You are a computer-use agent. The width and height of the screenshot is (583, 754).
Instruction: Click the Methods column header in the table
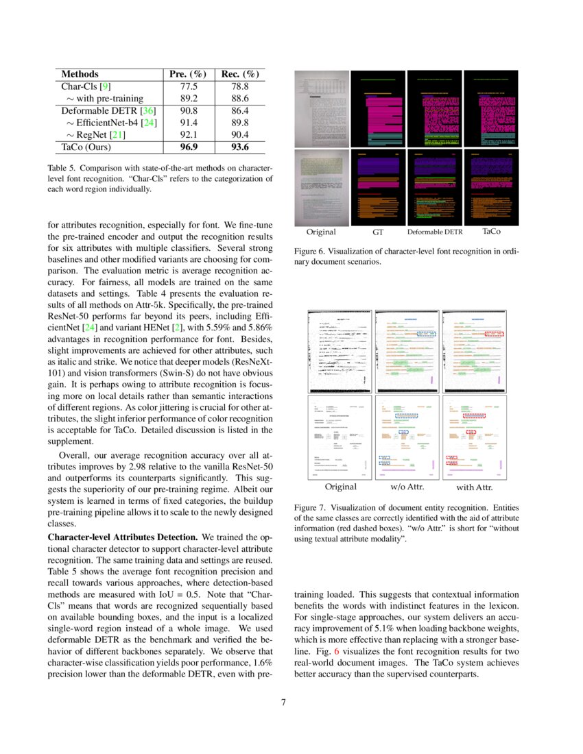coord(80,74)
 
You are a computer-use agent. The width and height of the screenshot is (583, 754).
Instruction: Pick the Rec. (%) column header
coord(239,74)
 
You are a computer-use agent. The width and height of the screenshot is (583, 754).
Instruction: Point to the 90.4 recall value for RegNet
coord(239,134)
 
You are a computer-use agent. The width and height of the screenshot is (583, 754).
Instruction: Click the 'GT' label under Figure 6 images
coord(378,232)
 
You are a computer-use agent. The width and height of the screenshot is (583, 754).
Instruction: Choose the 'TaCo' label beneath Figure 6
coord(491,232)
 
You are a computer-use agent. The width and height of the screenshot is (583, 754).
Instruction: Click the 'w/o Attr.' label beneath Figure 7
coord(407,487)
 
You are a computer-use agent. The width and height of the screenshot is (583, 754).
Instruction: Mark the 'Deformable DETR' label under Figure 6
coord(435,232)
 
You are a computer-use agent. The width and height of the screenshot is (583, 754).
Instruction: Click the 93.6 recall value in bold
coord(239,147)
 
